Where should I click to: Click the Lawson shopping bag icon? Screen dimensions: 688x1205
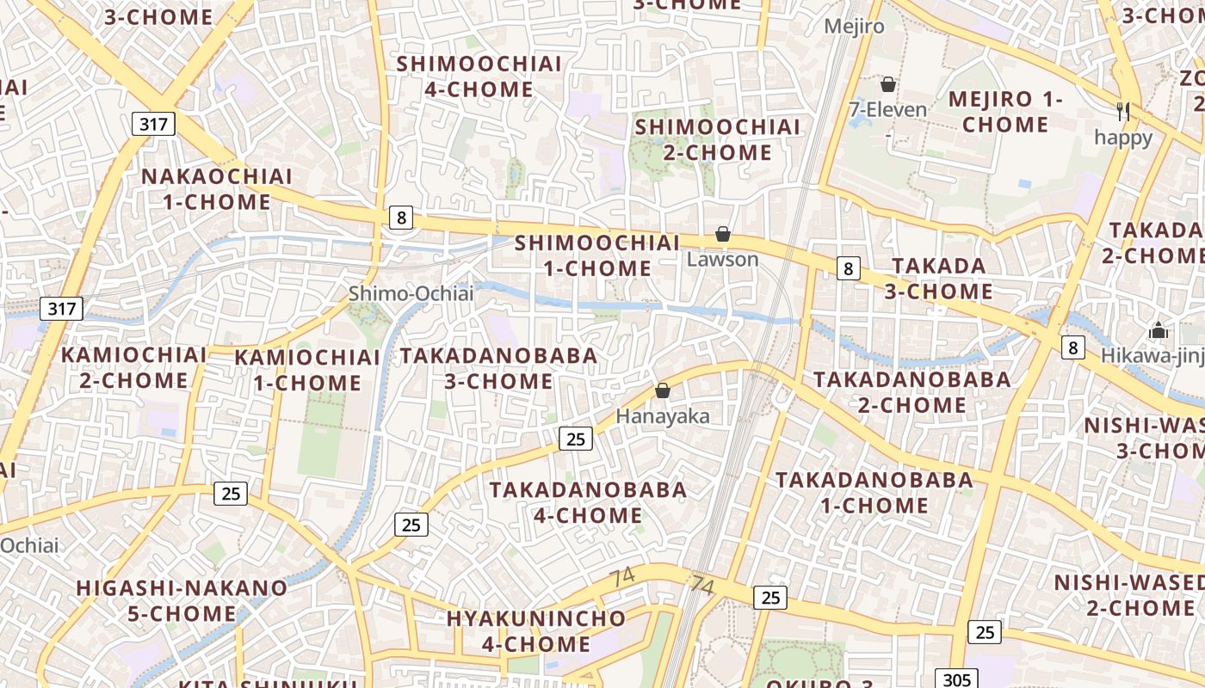tap(723, 234)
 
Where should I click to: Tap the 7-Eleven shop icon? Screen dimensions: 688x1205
tap(887, 84)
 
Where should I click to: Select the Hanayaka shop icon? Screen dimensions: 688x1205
tap(663, 391)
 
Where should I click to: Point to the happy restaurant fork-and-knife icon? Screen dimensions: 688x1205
tap(1122, 111)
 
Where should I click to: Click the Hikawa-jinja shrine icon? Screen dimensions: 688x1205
tap(1159, 330)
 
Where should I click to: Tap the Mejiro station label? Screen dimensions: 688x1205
tap(854, 27)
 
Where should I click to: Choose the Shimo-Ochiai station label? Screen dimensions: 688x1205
tap(411, 294)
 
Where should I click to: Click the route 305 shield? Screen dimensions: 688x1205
tap(956, 679)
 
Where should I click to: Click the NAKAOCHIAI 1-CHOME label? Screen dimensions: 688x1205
tap(217, 189)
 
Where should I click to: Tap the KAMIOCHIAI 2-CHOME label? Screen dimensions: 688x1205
tap(134, 367)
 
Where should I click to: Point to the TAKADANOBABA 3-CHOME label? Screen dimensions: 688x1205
tap(498, 368)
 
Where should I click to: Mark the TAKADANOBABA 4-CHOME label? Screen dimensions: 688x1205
tap(589, 502)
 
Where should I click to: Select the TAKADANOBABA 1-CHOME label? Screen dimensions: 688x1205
tap(874, 493)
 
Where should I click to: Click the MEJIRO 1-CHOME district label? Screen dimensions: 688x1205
tap(1005, 112)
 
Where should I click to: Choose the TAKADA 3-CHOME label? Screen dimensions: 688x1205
tap(939, 279)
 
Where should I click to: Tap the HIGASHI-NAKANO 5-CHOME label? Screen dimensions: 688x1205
tap(182, 601)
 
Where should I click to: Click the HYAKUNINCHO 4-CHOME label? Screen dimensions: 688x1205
tap(536, 631)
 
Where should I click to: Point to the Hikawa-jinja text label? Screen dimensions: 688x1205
tap(1153, 353)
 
